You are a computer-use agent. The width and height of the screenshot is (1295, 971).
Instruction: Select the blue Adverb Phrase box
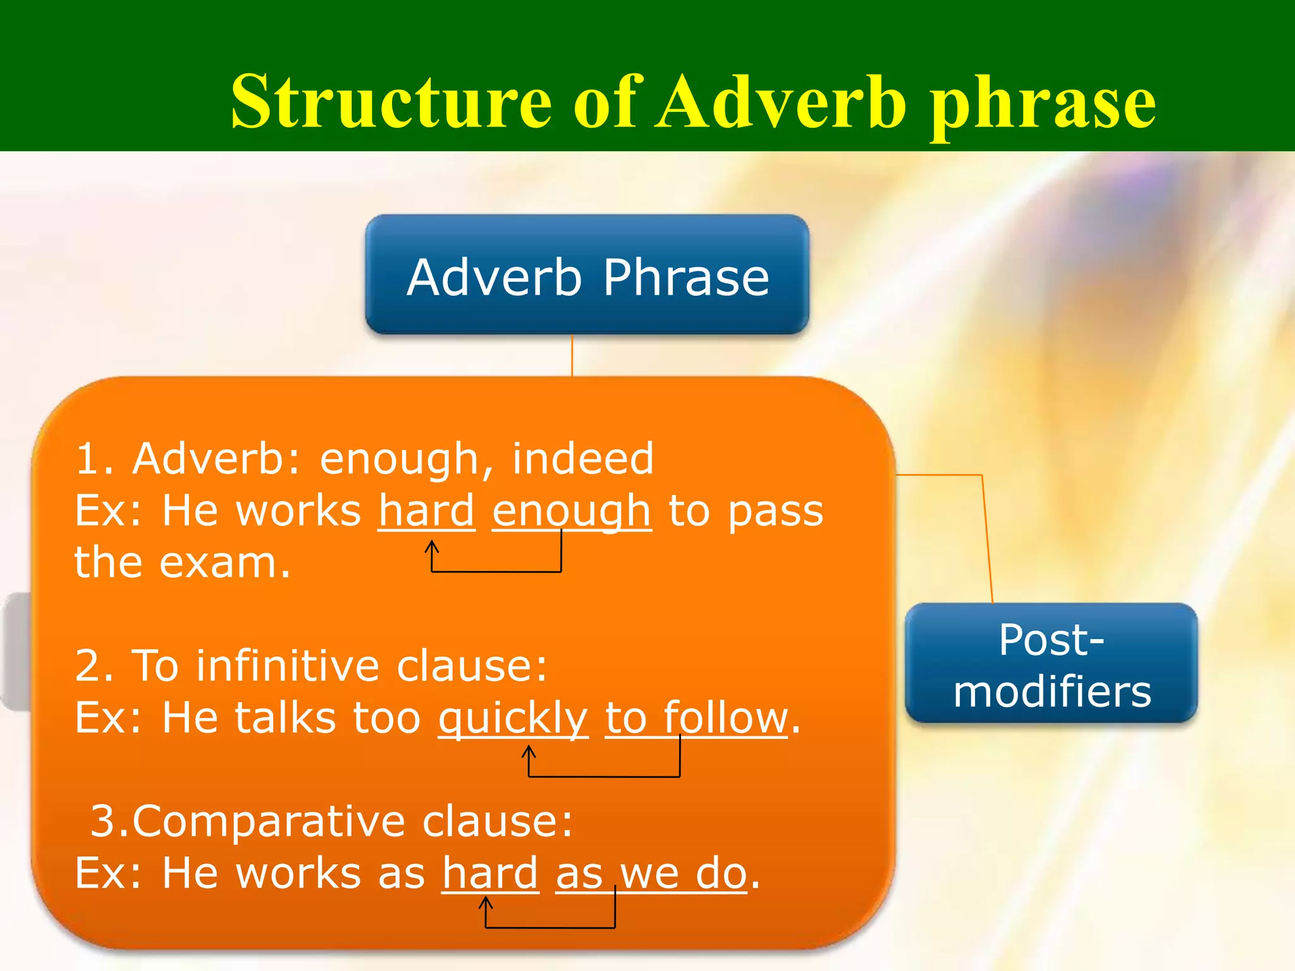(x=587, y=274)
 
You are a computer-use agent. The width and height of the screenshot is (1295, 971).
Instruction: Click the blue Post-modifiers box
(x=1051, y=664)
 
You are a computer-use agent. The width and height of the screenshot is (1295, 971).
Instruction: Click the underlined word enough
(x=571, y=512)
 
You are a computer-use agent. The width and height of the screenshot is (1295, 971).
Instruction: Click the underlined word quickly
(x=513, y=719)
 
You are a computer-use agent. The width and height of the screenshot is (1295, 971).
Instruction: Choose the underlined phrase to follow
(x=696, y=718)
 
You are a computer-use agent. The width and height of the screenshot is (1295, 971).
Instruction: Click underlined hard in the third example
(x=490, y=874)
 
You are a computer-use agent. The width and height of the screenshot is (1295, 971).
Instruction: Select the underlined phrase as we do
(x=651, y=874)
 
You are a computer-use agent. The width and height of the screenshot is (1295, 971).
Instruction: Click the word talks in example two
(x=285, y=718)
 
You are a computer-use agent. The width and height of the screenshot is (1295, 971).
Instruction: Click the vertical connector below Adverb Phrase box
(x=572, y=355)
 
